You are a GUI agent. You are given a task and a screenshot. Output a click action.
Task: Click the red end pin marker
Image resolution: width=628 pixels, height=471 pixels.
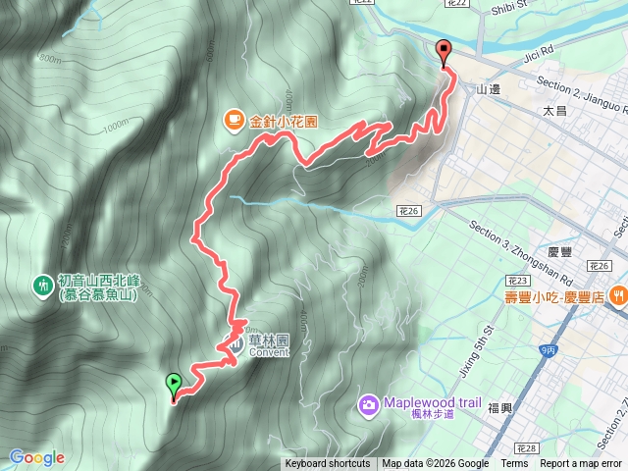coord(444,53)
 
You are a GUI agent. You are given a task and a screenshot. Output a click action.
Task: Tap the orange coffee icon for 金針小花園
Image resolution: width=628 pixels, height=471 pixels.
coord(233,121)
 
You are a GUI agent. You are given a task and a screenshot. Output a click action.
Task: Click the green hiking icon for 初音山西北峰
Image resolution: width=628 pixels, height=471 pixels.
coord(42,286)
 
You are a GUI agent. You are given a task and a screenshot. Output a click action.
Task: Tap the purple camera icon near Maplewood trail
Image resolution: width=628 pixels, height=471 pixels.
coord(368,403)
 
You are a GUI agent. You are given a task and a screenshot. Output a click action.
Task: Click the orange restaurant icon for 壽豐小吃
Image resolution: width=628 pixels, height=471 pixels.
coord(618,294)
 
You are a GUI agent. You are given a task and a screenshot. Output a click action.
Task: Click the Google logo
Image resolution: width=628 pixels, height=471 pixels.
coord(37,457)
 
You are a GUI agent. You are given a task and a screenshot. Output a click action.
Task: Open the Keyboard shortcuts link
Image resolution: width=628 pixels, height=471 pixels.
coord(328,464)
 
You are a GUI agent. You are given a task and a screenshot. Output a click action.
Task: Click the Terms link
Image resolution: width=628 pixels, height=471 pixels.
coord(514,464)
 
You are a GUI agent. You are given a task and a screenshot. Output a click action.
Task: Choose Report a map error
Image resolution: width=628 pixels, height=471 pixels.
coord(581,464)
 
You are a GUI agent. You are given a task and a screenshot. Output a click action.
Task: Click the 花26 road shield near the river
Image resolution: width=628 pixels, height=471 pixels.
coord(409,211)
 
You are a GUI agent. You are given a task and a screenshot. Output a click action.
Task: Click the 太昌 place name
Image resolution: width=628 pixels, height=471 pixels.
coord(555,113)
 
